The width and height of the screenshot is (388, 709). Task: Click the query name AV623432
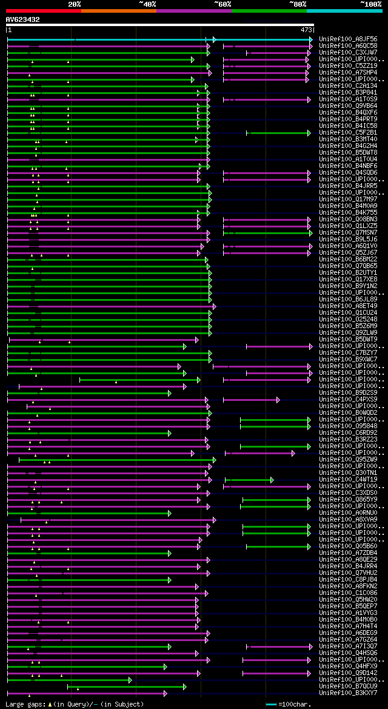coord(23,19)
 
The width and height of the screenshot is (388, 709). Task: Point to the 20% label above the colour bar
coord(75,4)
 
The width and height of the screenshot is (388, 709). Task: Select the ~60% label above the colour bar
coord(222,4)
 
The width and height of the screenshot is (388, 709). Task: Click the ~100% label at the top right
coord(370,4)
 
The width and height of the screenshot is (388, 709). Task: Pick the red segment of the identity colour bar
coord(43,11)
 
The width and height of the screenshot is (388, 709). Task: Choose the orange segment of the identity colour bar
coord(118,11)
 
